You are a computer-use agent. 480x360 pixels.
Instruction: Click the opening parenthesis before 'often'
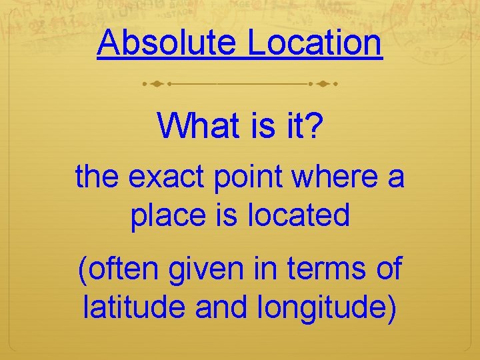pyautogui.click(x=83, y=269)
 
